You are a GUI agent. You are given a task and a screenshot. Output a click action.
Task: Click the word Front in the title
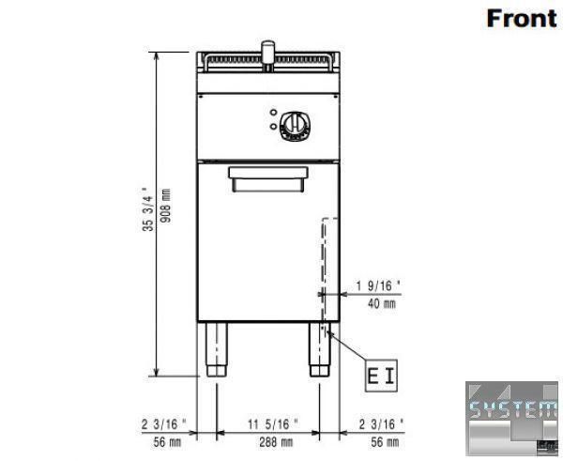522,19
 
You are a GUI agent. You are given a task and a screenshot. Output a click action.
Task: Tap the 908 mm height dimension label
166,206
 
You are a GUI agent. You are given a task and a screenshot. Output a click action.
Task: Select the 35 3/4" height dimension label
148,209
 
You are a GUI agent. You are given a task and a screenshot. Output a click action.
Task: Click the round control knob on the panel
296,126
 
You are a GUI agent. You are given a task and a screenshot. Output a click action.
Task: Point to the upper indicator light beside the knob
273,113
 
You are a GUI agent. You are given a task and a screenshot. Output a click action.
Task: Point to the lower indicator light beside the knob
273,126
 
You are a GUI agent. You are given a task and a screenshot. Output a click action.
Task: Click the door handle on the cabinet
268,178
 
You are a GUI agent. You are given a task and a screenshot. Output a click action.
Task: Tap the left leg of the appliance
217,349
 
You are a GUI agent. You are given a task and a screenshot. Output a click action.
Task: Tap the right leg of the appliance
320,349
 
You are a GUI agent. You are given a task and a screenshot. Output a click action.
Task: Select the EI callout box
381,376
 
